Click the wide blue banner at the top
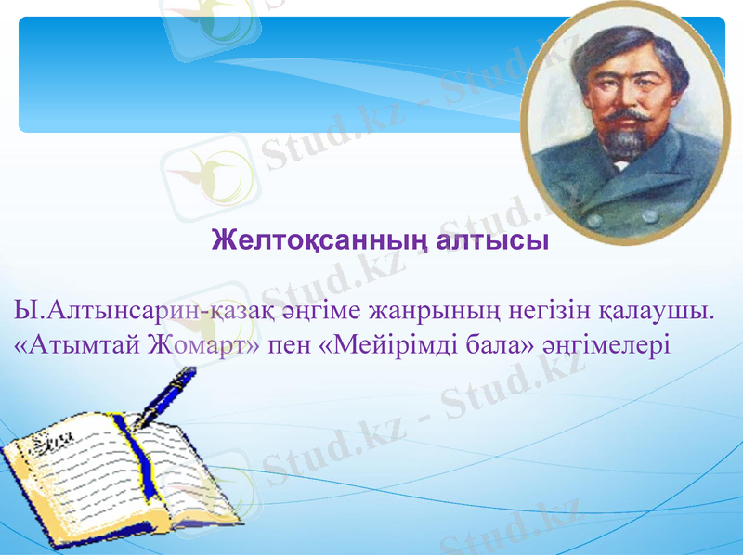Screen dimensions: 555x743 point(269,74)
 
